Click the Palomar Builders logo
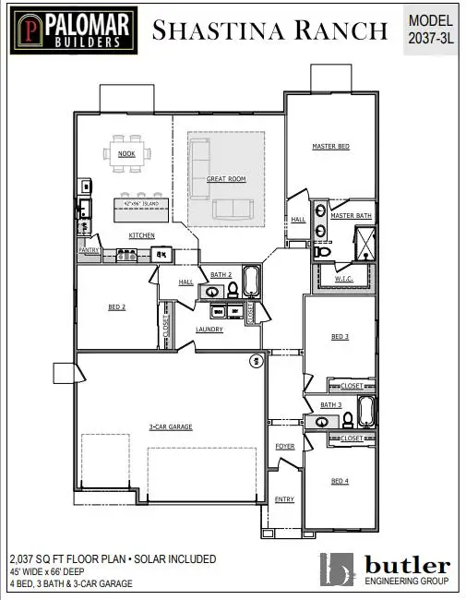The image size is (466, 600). [71, 30]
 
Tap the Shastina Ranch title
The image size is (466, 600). [269, 30]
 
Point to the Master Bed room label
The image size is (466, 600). [330, 147]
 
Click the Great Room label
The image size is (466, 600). [225, 178]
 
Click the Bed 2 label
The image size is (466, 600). [117, 306]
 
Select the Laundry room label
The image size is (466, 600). [209, 329]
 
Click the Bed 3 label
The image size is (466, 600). [340, 338]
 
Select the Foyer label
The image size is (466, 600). [284, 447]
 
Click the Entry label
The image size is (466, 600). [284, 499]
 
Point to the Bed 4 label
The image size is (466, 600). [340, 481]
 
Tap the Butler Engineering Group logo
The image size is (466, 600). [387, 570]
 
